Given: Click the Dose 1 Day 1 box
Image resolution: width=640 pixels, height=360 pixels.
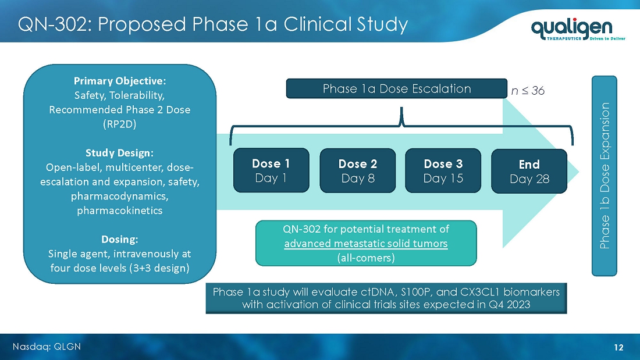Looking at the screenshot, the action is coord(271,170).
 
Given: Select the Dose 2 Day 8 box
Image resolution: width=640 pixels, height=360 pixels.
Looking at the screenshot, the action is coord(358,170).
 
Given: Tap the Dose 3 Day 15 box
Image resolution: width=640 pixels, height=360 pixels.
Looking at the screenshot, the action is coord(443,170).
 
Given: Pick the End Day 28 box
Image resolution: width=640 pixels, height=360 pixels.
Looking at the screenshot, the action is coord(529,171).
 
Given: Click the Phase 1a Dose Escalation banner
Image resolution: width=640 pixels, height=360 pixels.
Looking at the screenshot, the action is coord(397,88).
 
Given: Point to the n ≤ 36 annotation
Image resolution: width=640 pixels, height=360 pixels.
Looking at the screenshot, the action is coord(528,91).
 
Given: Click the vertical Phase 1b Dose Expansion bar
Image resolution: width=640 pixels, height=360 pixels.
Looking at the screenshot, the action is coord(605,176).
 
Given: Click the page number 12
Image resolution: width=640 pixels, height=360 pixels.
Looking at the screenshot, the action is coord(619,347).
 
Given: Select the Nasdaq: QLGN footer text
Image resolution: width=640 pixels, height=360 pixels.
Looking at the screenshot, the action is coord(47,347).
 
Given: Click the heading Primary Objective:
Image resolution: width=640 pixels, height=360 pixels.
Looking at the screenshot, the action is coord(120,81).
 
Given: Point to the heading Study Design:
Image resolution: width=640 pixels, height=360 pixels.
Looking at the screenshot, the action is coord(120,152).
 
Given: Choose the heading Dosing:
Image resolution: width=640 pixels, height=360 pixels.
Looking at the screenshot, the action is coord(120,239).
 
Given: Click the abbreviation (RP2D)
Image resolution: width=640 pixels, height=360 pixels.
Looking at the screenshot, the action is coord(120,124).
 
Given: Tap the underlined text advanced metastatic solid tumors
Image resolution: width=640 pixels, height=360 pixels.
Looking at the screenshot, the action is coord(366,244).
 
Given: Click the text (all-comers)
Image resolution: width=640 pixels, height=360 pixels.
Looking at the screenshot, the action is coord(366,258).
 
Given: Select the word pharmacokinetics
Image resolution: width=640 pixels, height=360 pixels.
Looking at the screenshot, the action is coord(120,211).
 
